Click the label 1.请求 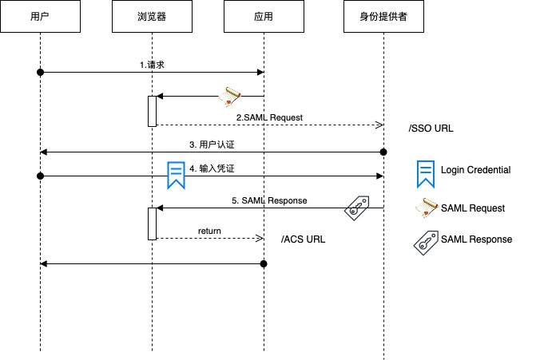152,65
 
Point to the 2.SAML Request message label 269,117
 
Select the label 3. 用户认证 212,144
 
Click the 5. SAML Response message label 269,200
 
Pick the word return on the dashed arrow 209,231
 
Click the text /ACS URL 304,239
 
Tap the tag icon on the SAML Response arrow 356,208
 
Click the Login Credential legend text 475,170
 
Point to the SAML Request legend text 473,208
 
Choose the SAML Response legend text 476,239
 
